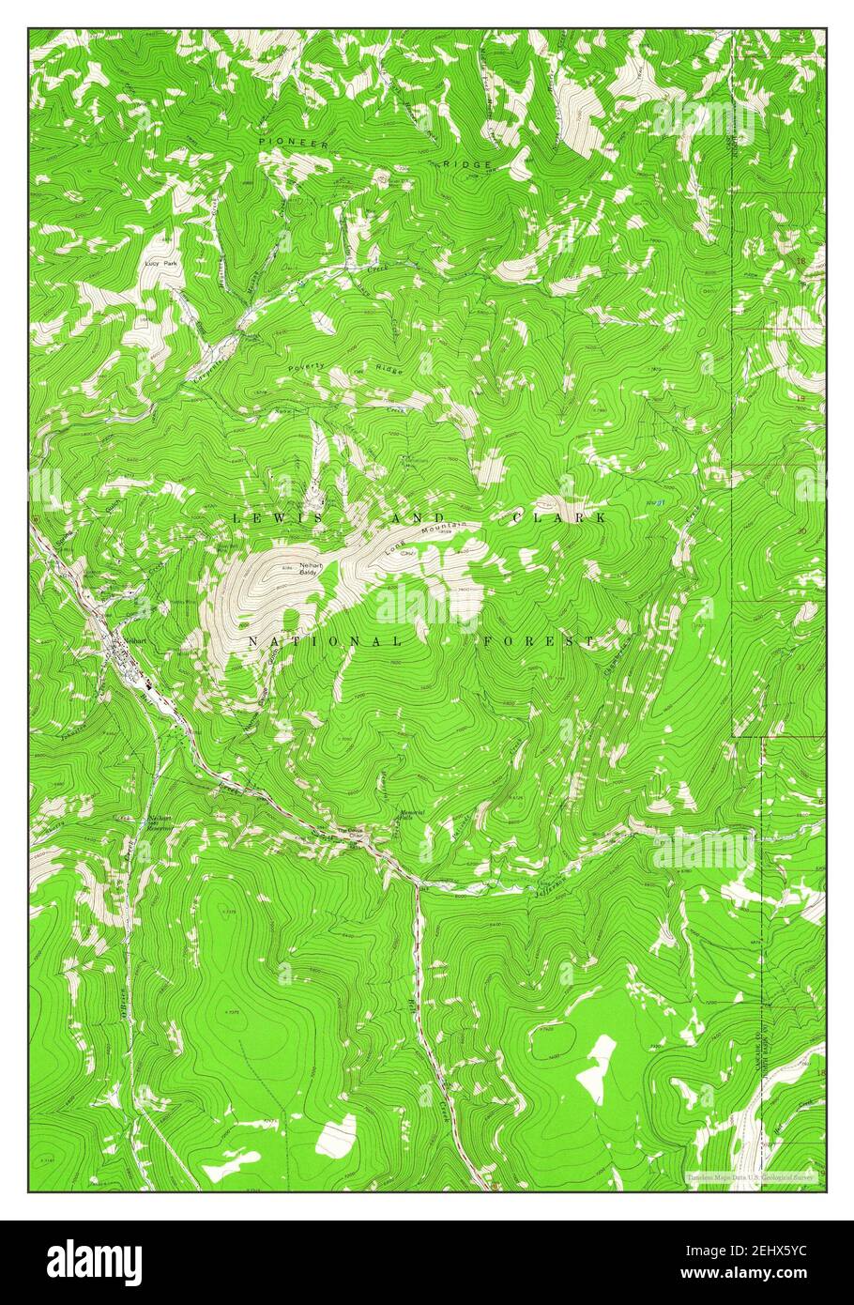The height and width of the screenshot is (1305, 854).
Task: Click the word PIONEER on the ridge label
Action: [x=295, y=142]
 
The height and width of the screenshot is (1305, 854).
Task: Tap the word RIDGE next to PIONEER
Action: [x=465, y=163]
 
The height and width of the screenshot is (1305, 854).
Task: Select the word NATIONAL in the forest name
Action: [x=325, y=641]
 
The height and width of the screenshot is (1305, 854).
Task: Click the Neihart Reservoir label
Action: [x=160, y=824]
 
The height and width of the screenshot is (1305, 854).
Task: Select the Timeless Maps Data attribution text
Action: [x=751, y=1175]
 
